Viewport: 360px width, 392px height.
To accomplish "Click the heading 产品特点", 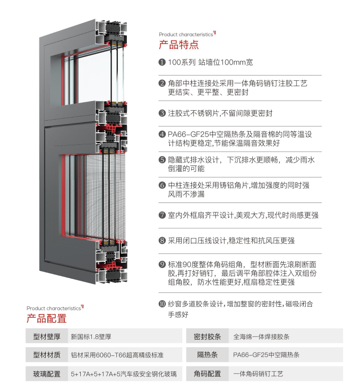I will click(x=179, y=45).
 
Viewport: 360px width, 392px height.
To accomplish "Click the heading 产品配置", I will click(x=47, y=318).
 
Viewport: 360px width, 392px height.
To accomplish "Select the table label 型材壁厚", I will click(x=47, y=337).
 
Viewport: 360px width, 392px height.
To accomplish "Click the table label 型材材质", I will click(x=47, y=355).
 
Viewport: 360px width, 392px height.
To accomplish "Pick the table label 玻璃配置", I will click(x=47, y=374).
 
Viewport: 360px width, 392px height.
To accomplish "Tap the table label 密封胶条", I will click(x=207, y=337).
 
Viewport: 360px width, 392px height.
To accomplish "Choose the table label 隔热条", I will click(x=207, y=355).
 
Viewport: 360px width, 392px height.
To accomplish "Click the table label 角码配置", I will click(x=207, y=374).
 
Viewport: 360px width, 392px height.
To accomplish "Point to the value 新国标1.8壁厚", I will click(x=91, y=337).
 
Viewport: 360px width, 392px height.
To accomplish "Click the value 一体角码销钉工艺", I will click(x=258, y=374).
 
